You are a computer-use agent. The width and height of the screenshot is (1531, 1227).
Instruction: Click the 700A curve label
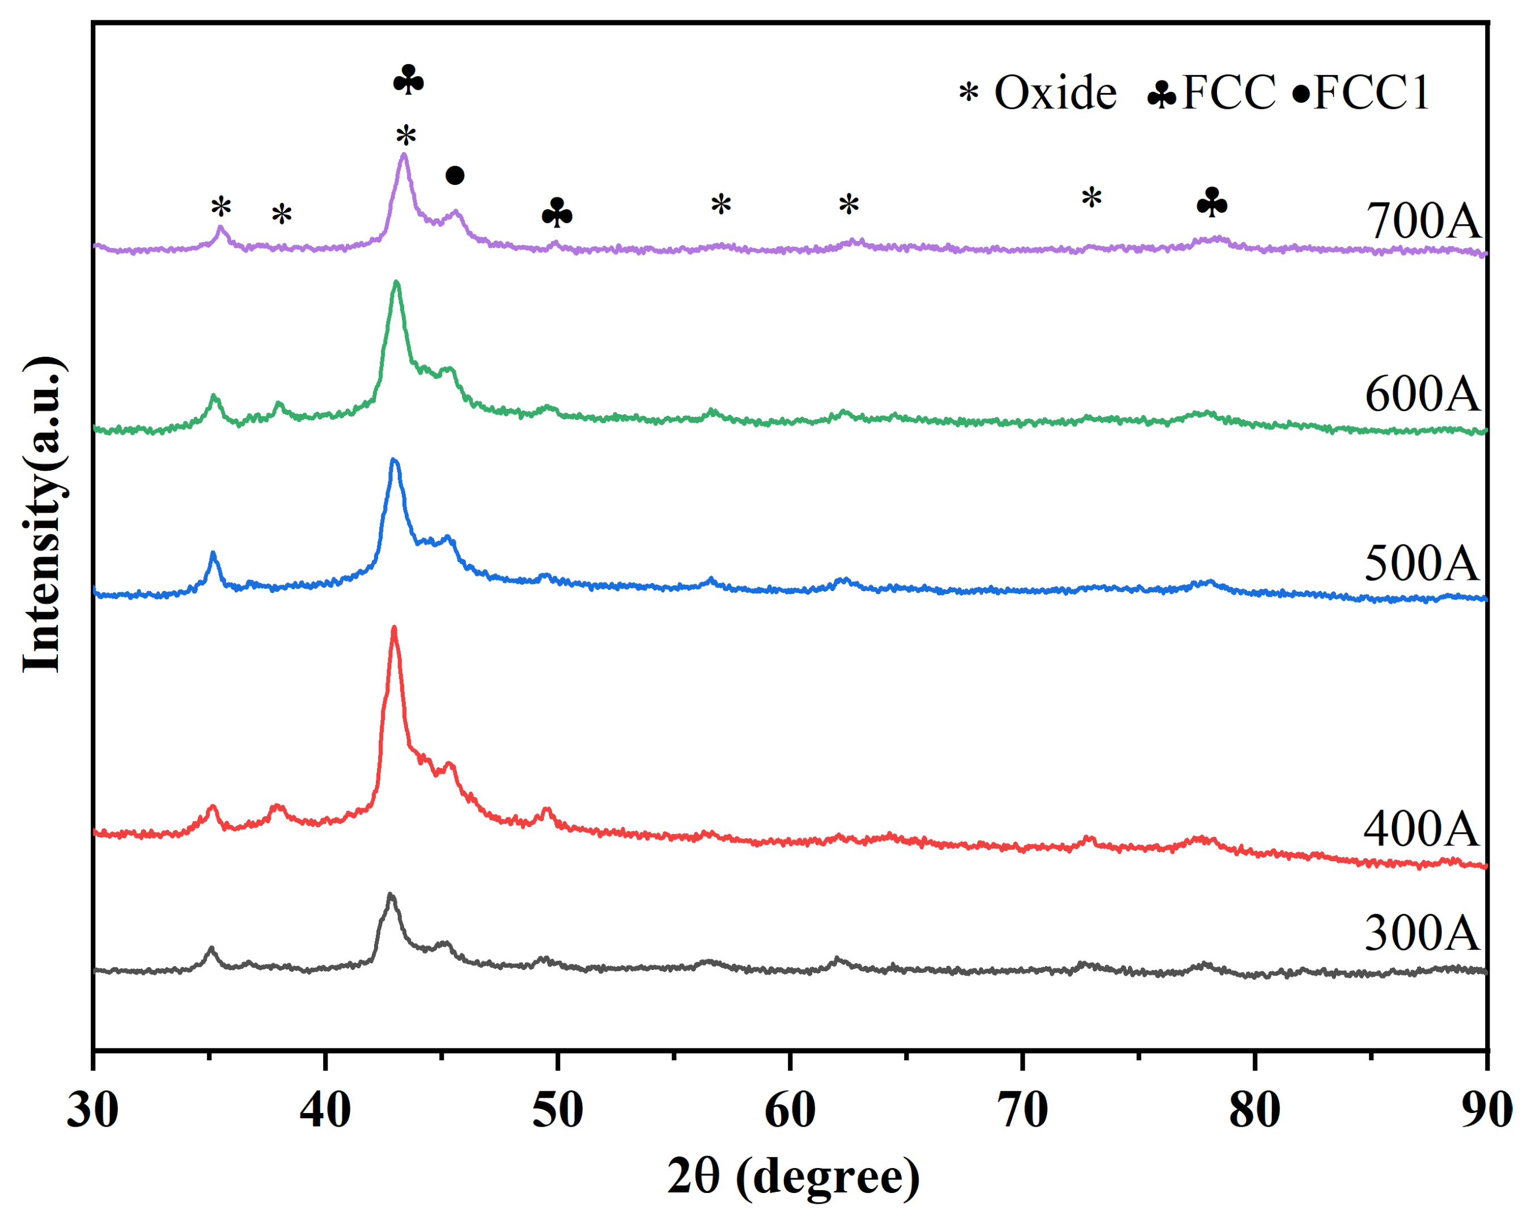(x=1422, y=221)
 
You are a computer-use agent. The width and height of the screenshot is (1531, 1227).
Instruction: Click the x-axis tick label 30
(x=92, y=1110)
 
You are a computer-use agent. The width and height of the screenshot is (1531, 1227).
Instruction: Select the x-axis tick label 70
(x=1023, y=1110)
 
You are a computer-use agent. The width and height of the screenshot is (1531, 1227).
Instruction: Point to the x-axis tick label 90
(x=1487, y=1110)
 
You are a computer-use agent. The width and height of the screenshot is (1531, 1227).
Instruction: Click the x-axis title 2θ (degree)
(x=792, y=1177)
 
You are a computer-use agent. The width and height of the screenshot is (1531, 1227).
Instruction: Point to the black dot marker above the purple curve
(x=455, y=175)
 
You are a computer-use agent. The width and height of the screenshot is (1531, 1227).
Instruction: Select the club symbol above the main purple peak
(x=408, y=81)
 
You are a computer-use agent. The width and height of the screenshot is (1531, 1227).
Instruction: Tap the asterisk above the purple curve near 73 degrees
(x=1092, y=197)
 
